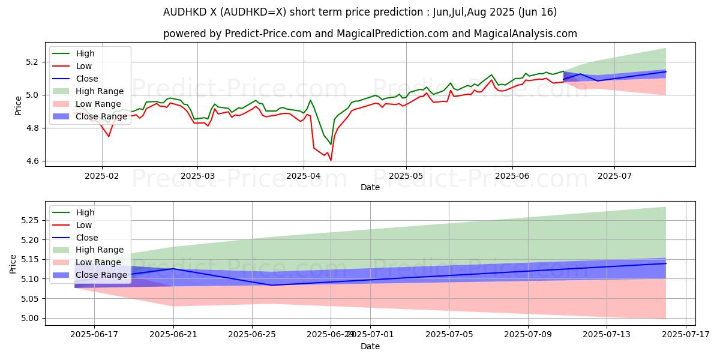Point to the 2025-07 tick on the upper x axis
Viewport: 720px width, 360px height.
pyautogui.click(x=614, y=176)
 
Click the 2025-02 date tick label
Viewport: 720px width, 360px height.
pyautogui.click(x=101, y=176)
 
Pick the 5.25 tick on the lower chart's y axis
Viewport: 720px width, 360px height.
pyautogui.click(x=28, y=220)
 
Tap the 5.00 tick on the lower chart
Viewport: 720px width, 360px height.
pyautogui.click(x=28, y=318)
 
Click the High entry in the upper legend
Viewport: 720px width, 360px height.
pyautogui.click(x=85, y=53)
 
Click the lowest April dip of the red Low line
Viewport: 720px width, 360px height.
pyautogui.click(x=331, y=160)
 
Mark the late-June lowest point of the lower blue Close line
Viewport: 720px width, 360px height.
pyautogui.click(x=272, y=285)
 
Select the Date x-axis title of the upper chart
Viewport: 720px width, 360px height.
pyautogui.click(x=370, y=187)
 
